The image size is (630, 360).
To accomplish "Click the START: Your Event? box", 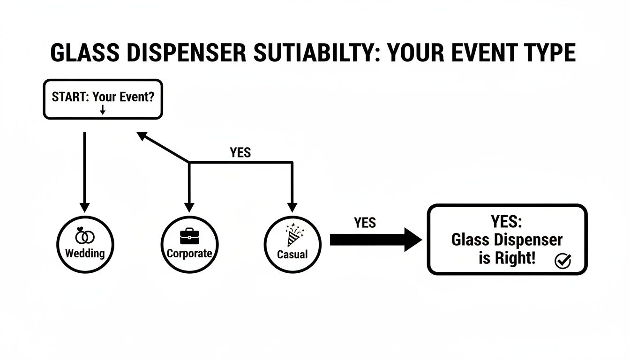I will coord(103,99).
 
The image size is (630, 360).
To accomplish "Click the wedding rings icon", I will coord(85,236).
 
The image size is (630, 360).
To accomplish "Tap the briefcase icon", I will coord(189,235).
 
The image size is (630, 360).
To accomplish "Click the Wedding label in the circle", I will coord(85,254).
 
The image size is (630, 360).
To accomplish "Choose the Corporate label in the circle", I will coord(189,254).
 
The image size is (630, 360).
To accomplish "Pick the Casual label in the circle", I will coord(292,255).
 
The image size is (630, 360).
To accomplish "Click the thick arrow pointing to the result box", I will coord(375,240).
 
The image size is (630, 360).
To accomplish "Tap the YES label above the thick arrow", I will coord(365,222).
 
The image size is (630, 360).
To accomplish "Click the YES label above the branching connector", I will coord(240,152).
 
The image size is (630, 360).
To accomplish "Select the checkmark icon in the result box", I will coord(562,261).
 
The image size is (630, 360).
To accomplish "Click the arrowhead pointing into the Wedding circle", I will coord(84,207).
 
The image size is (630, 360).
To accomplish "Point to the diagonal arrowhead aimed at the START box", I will coord(142,136).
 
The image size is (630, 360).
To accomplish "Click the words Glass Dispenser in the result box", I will coord(507,240).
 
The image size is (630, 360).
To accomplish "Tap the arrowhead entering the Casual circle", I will coord(292,207).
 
